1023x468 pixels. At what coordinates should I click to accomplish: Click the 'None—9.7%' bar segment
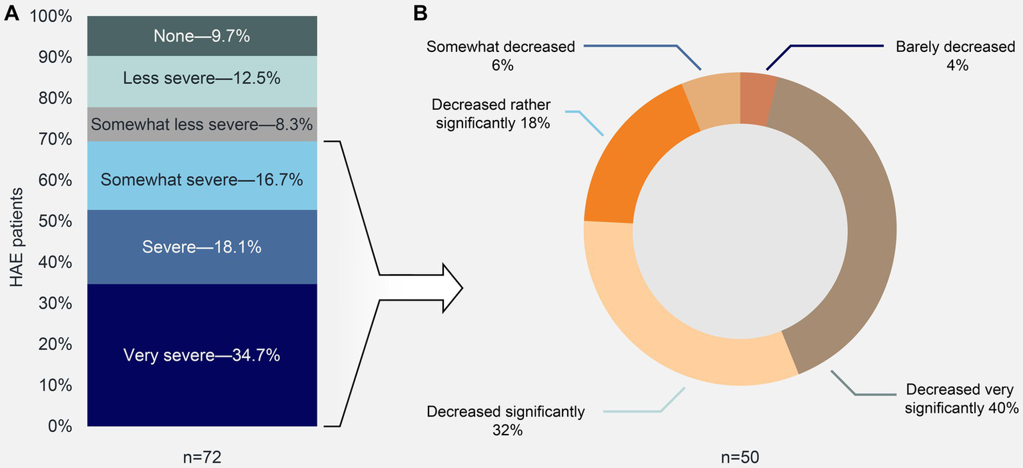201,36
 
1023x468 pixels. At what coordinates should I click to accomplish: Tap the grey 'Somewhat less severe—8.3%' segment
201,124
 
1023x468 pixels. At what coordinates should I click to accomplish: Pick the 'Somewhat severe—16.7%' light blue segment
201,179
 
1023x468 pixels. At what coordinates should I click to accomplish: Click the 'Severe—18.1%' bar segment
201,247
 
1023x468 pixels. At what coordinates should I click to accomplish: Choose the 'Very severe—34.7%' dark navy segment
201,355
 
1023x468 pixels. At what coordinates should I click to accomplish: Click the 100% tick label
51,16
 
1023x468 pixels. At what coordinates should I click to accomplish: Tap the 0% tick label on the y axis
60,427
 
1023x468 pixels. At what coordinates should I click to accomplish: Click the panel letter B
420,13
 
